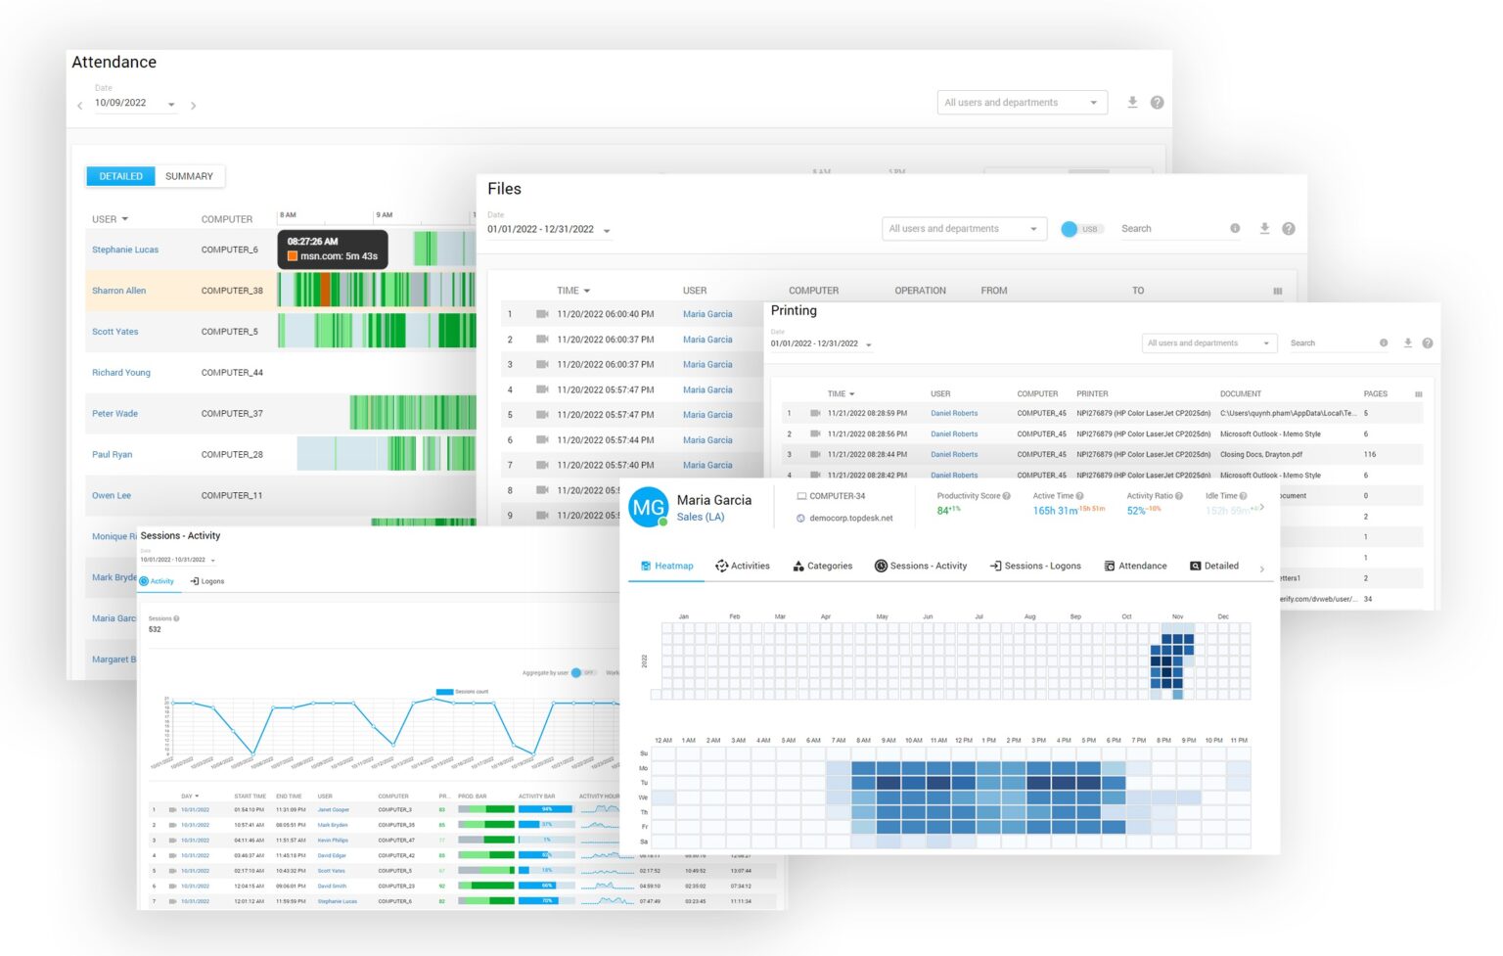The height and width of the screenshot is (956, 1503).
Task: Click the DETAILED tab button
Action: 121,176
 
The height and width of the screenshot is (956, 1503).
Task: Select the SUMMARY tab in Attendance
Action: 189,176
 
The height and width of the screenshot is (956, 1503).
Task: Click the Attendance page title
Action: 114,62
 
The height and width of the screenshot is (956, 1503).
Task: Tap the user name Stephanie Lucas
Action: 125,250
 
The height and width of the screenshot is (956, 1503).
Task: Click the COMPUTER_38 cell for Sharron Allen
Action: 232,291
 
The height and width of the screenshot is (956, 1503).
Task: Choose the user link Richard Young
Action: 121,373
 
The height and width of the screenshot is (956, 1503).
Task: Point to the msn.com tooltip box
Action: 333,249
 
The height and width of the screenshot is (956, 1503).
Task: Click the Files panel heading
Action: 504,189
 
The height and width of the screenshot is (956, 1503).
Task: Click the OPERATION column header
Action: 920,291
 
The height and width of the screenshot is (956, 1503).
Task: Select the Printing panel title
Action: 794,310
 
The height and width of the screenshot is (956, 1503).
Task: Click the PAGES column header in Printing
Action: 1375,393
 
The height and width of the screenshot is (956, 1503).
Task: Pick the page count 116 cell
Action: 1369,454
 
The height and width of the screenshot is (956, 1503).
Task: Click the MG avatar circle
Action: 648,507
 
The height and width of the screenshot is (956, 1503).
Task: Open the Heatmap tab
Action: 667,566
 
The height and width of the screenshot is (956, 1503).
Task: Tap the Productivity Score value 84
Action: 943,510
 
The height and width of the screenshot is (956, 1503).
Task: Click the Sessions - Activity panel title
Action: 180,535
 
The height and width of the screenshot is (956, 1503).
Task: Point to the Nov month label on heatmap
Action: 1177,616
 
